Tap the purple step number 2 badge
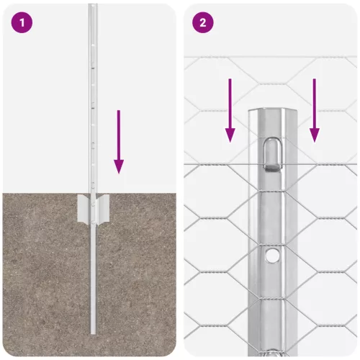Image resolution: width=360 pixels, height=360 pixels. click(202, 22)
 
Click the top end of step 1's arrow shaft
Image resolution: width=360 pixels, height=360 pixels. click(119, 112)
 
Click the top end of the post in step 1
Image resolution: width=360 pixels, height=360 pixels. click(92, 6)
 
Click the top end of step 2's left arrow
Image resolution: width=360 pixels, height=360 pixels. click(230, 80)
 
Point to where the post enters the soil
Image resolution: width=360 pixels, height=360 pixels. click(92, 193)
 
